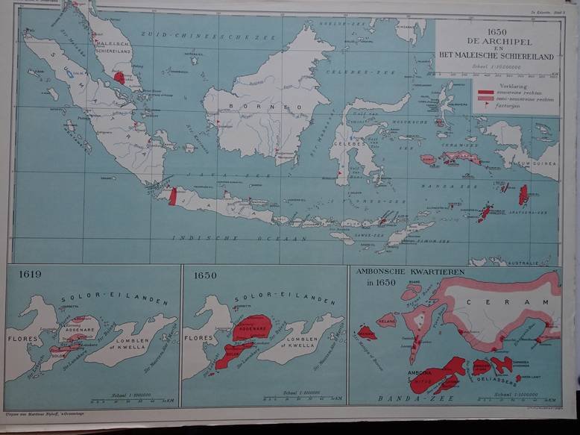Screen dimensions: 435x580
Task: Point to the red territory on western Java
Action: click(x=173, y=196)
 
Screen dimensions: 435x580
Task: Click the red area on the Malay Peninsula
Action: click(x=119, y=78)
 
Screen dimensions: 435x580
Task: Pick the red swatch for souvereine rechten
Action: click(x=485, y=92)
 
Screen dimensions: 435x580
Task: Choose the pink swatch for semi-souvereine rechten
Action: click(x=485, y=98)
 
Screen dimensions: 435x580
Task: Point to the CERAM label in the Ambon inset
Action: click(x=497, y=301)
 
